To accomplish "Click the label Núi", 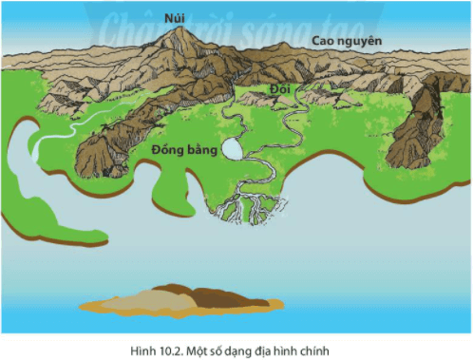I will coord(174,16).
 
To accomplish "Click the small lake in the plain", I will coord(231,148).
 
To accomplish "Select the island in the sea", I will coord(181,300).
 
